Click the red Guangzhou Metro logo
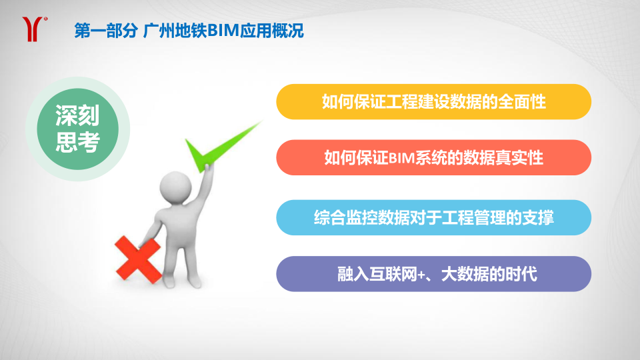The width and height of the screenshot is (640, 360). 33,29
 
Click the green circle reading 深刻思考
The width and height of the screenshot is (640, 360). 77,129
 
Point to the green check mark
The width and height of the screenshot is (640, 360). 221,147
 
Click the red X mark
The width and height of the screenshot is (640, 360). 138,259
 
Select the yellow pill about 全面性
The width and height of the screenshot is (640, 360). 433,101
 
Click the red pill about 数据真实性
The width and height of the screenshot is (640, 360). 433,157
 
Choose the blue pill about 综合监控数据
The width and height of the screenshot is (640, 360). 433,217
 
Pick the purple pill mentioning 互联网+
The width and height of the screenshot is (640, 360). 433,274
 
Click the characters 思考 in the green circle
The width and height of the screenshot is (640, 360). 77,143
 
